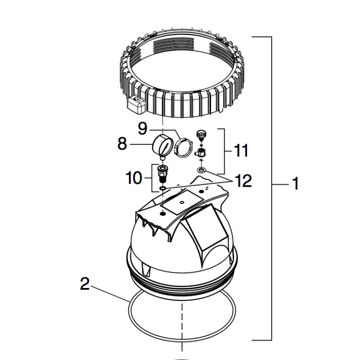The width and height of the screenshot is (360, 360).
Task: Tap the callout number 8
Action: click(121, 144)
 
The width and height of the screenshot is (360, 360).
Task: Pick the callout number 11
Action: click(241, 151)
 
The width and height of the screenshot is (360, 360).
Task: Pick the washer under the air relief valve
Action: click(201, 171)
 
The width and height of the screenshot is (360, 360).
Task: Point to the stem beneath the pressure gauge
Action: click(162, 158)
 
